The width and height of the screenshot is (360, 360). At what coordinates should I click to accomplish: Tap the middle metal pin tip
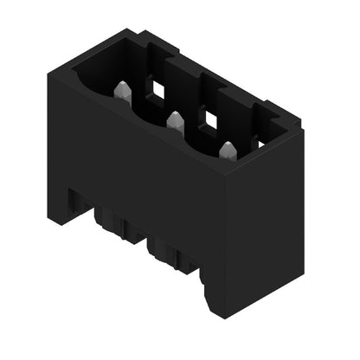pos(176,119)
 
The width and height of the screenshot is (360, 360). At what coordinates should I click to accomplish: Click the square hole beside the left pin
pos(159,87)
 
